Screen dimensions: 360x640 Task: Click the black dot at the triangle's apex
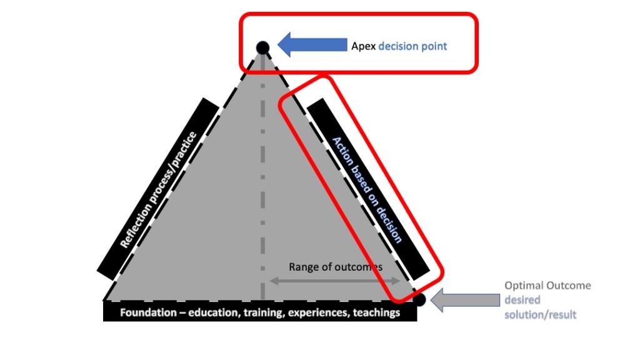[x=262, y=47]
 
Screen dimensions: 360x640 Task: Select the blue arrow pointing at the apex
[x=312, y=45]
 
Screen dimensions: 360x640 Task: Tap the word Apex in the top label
[x=362, y=46]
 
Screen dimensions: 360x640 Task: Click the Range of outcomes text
[x=335, y=267]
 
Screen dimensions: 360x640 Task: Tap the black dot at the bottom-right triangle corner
[x=419, y=300]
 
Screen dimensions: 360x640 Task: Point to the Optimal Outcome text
[x=547, y=286]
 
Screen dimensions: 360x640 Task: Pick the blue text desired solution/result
[x=540, y=307]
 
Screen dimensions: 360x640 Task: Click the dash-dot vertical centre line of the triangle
[x=262, y=187]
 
